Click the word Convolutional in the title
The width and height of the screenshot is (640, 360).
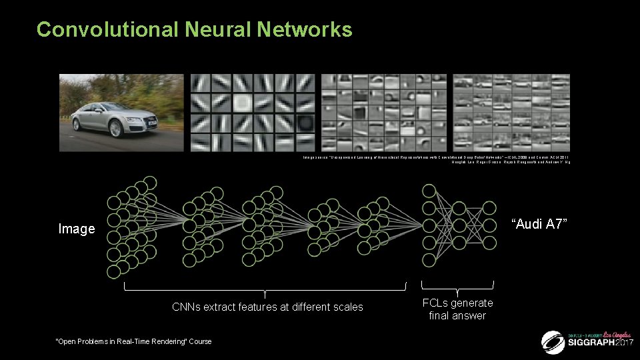click(107, 30)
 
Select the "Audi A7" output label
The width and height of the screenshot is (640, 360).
click(540, 223)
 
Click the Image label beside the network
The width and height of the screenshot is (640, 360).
click(77, 229)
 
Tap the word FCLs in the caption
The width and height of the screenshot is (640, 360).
click(436, 303)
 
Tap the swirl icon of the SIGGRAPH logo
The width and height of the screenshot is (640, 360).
click(553, 342)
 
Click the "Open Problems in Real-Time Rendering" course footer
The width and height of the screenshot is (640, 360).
click(133, 341)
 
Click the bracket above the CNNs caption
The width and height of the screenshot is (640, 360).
click(265, 289)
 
